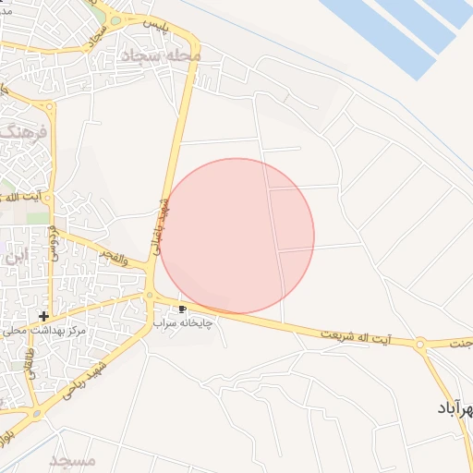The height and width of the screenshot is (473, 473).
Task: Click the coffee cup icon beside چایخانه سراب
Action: (183, 309)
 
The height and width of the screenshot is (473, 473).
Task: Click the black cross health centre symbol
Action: (44, 316)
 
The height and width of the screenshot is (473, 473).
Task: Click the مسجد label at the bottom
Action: (72, 460)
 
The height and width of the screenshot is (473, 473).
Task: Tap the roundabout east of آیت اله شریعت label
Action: (420, 345)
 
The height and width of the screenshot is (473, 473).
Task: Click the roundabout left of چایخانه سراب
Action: (150, 296)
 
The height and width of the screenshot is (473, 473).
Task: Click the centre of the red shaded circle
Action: (236, 236)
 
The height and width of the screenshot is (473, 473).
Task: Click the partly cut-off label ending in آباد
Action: (455, 407)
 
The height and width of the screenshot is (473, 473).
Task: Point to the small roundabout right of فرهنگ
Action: (50, 105)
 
